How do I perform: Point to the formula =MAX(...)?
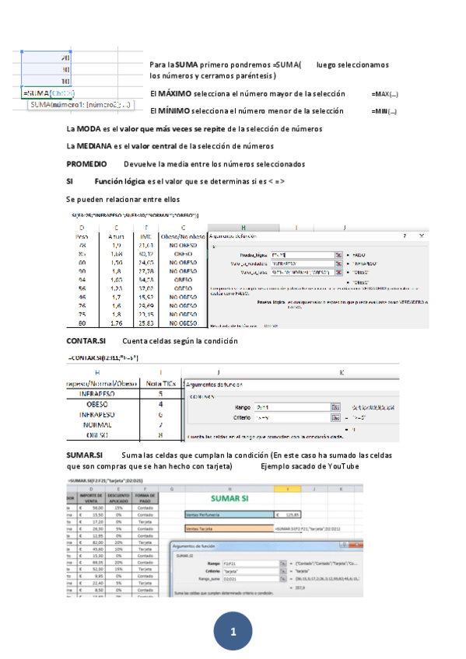click(x=384, y=93)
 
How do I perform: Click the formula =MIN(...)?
click(x=384, y=111)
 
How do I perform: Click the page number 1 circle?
click(x=233, y=627)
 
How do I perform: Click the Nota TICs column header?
click(x=159, y=382)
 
